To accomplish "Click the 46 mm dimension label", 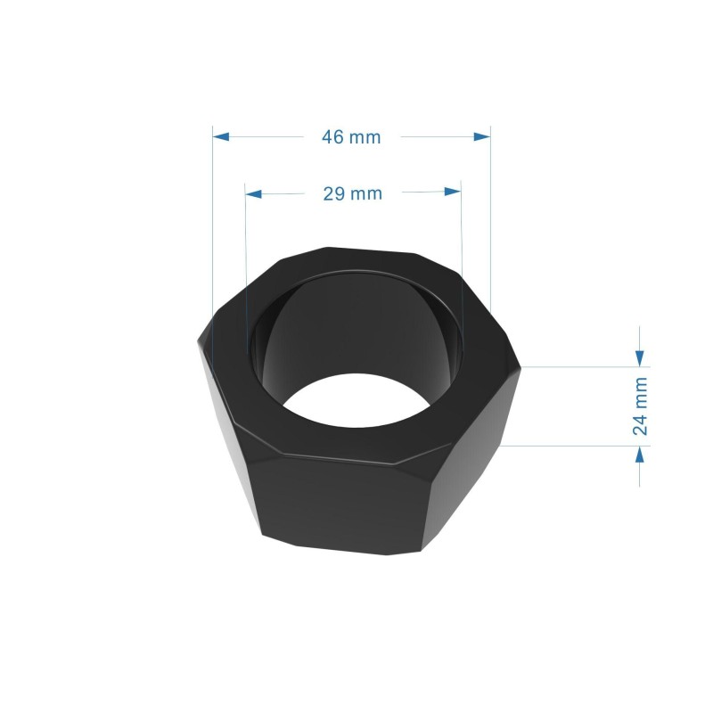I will pyautogui.click(x=351, y=137).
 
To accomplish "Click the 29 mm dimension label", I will pyautogui.click(x=351, y=193).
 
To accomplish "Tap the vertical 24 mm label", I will pyautogui.click(x=640, y=406).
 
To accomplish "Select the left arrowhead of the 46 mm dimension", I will pyautogui.click(x=221, y=136).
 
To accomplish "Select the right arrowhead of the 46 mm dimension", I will pyautogui.click(x=482, y=136).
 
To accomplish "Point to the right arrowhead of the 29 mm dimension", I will pyautogui.click(x=453, y=193).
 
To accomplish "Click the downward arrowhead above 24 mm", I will pyautogui.click(x=639, y=357).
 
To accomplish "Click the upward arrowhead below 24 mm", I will pyautogui.click(x=639, y=455).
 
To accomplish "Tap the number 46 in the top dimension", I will pyautogui.click(x=333, y=137).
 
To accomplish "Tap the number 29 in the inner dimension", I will pyautogui.click(x=334, y=193).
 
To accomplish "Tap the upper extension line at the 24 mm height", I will pyautogui.click(x=579, y=366).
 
